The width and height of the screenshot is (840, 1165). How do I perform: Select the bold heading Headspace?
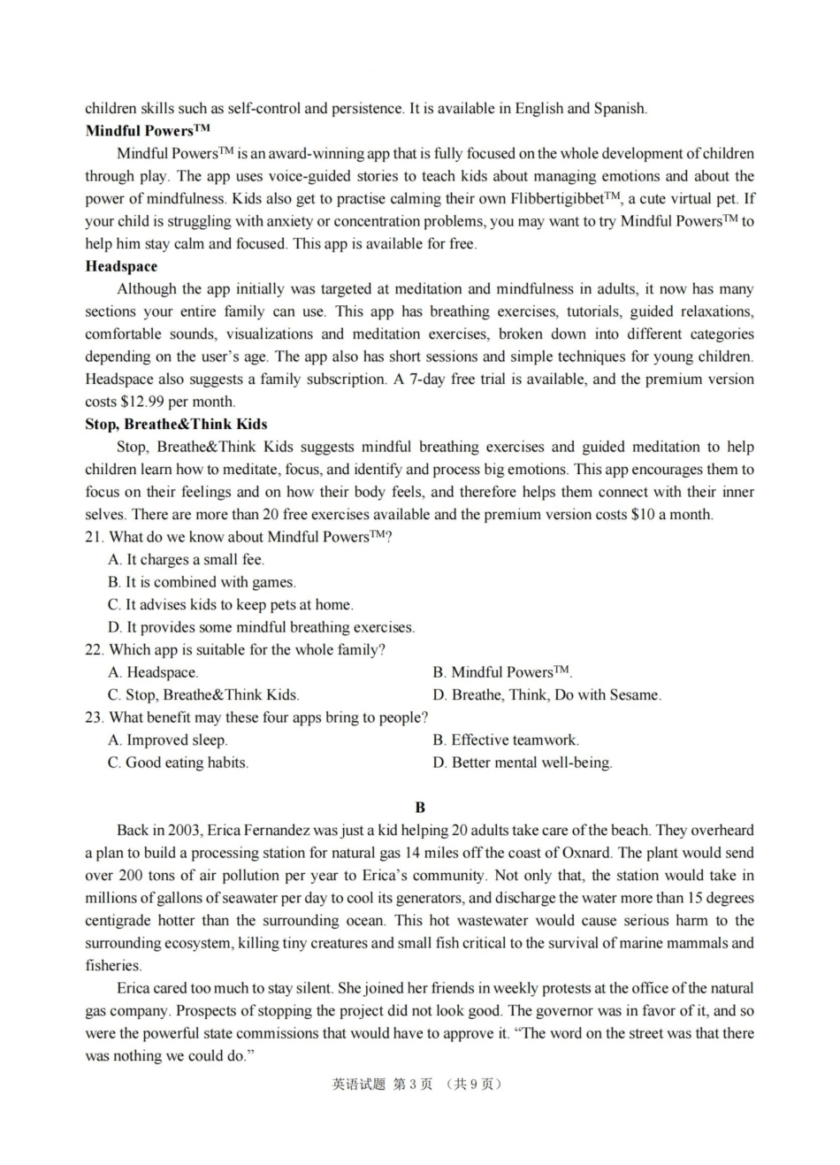coord(121,266)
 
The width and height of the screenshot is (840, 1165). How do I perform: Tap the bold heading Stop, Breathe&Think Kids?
coord(176,424)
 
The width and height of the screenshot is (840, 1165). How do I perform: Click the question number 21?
coord(94,537)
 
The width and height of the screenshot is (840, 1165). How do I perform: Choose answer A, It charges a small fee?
coord(187,559)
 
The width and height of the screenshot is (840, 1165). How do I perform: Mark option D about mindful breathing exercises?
coord(262,627)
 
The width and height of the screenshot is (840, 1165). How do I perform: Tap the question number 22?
coord(94,649)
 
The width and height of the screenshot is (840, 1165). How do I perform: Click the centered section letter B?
coord(420,807)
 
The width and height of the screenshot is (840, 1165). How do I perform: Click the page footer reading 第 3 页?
coord(413,1085)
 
